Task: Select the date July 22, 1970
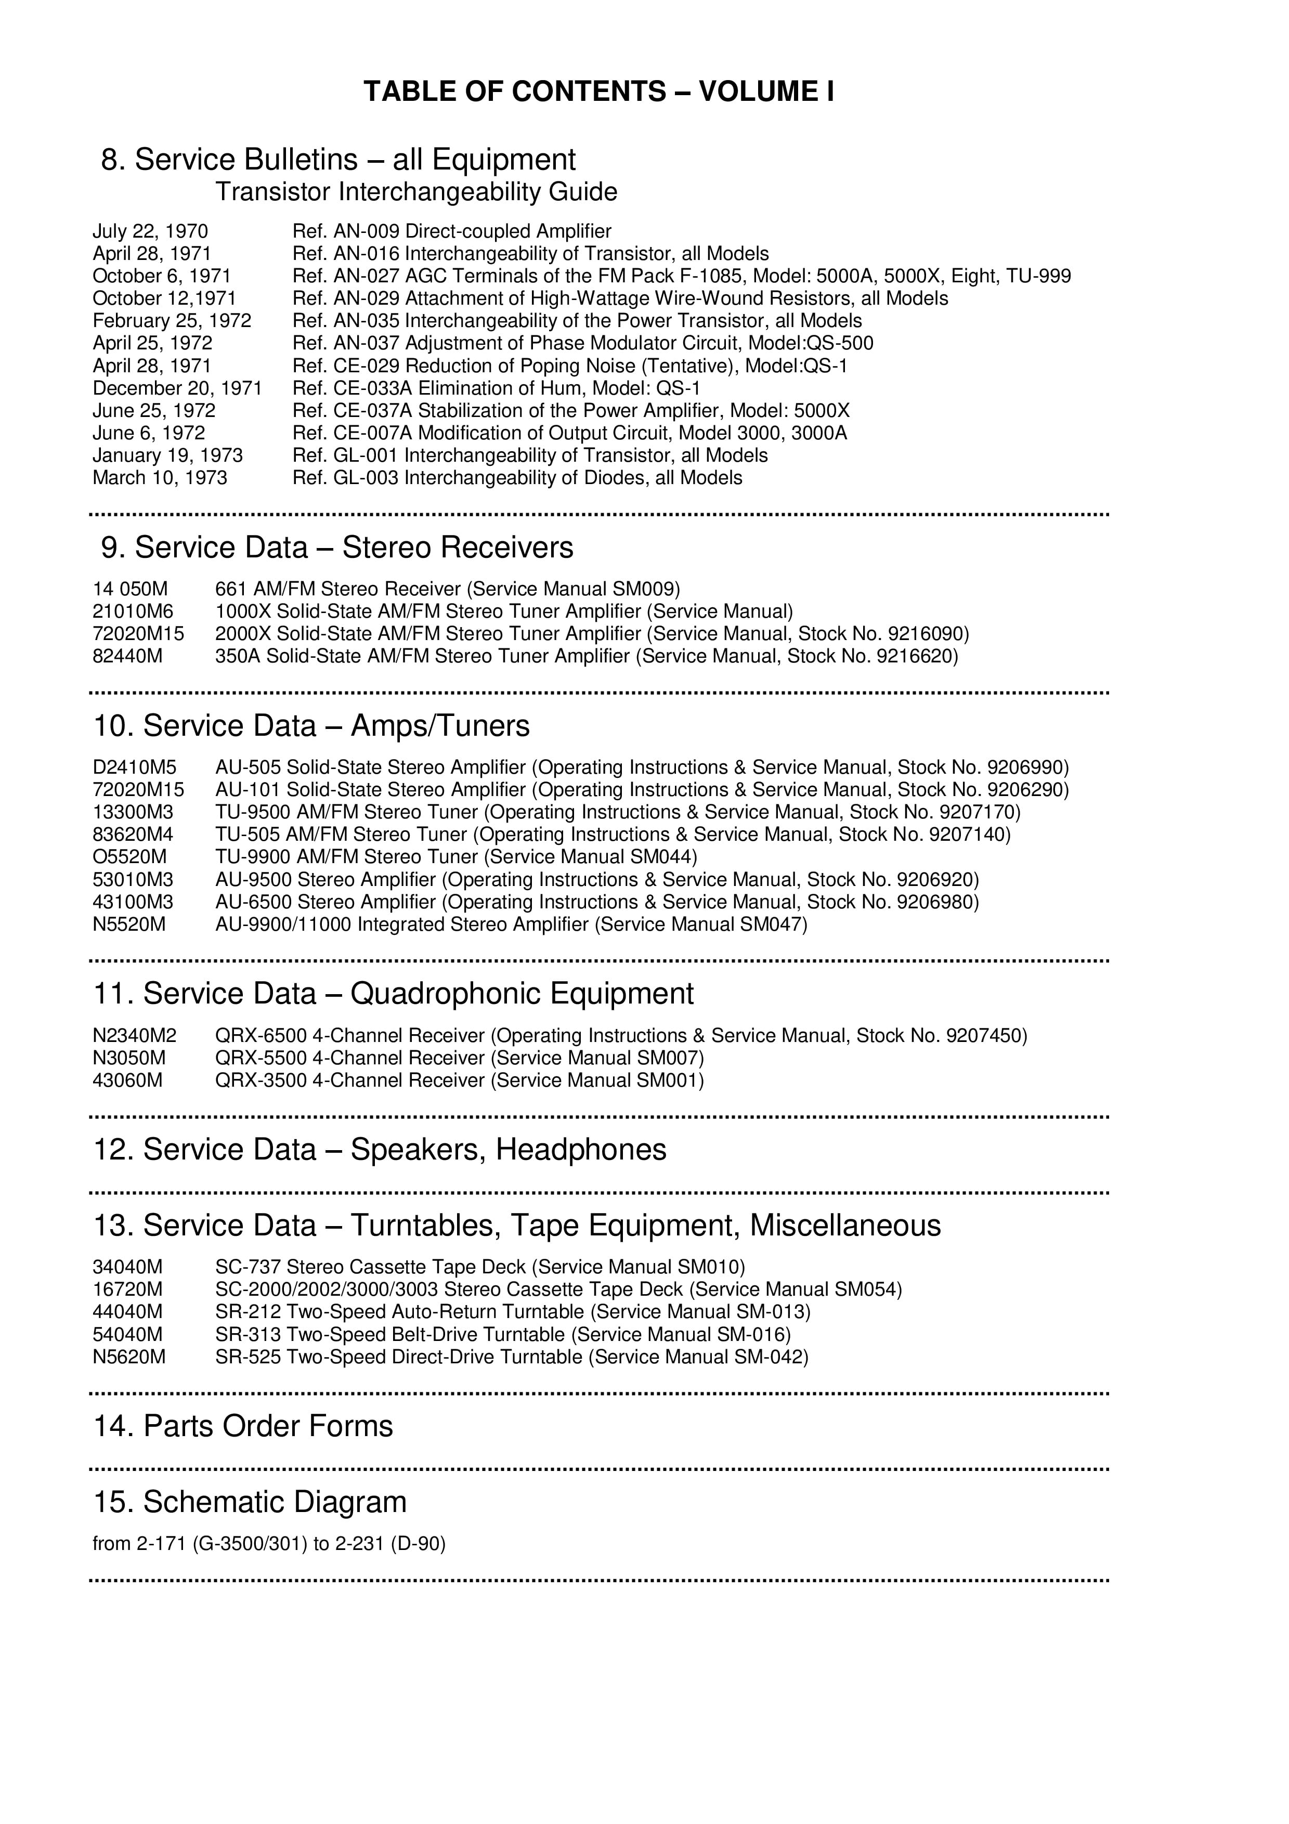tap(150, 231)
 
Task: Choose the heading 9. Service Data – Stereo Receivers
tap(337, 548)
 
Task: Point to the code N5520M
tap(129, 924)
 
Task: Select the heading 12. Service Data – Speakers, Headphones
tap(380, 1150)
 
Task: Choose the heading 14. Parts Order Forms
tap(243, 1426)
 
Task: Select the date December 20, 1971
tap(177, 388)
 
